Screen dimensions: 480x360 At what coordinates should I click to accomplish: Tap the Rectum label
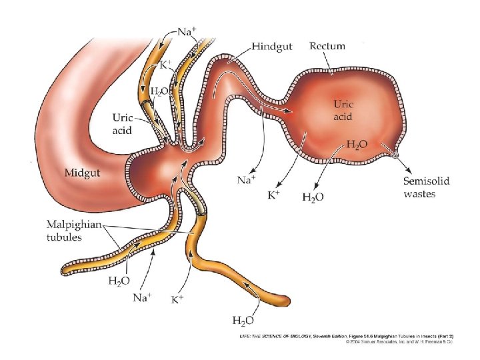327,46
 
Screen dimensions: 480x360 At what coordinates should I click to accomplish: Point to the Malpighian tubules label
73,231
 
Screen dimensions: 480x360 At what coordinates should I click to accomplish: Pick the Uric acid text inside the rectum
346,110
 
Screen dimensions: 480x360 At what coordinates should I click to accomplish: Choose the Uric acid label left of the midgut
121,124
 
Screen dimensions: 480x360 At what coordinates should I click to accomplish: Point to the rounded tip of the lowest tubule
287,299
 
